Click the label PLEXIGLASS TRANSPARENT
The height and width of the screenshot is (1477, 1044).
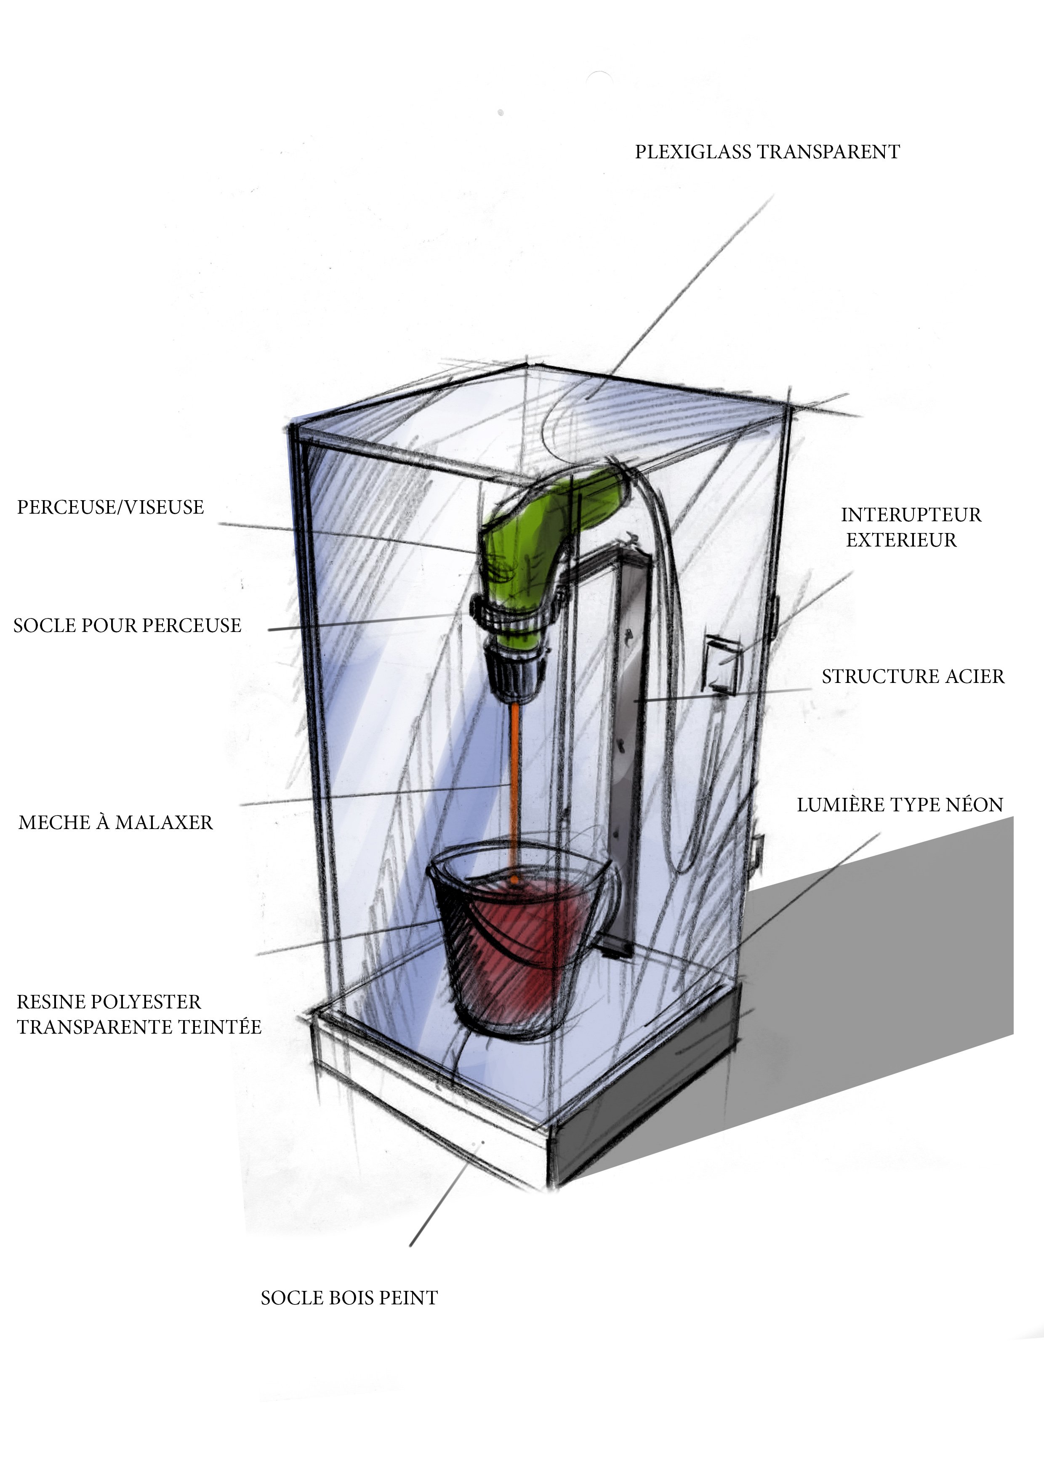[x=767, y=152]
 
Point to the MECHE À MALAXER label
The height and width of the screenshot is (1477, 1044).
[x=116, y=822]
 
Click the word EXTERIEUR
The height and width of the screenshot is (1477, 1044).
[x=901, y=540]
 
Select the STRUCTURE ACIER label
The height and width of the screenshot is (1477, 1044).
[x=913, y=677]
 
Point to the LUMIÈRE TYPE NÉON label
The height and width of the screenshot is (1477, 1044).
[x=900, y=805]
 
